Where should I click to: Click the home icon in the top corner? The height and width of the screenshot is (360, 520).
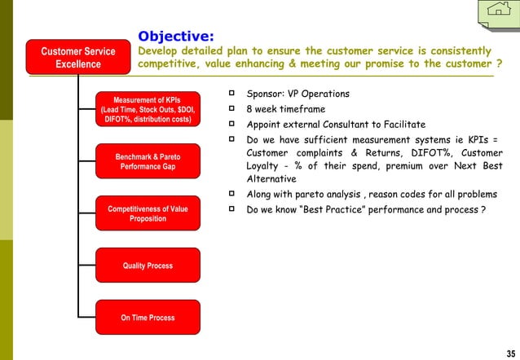(x=496, y=12)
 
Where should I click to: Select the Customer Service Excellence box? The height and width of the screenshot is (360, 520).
(x=78, y=59)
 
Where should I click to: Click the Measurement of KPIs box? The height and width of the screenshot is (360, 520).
(x=148, y=110)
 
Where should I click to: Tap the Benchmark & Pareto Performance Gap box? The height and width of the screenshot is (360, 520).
(x=148, y=161)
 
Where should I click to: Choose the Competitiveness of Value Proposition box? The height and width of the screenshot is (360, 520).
(x=148, y=214)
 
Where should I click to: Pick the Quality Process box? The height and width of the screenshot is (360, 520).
(x=148, y=266)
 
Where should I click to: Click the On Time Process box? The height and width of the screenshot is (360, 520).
(x=148, y=318)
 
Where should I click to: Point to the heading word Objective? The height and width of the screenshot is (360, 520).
(x=176, y=36)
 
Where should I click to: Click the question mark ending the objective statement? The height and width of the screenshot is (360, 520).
(x=499, y=64)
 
